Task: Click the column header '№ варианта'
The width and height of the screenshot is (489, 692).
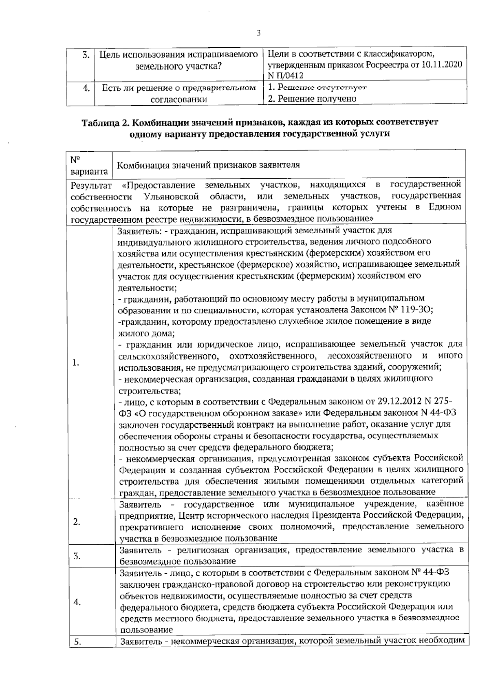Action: click(x=89, y=165)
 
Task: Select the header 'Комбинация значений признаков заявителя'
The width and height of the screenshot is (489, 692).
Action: click(x=208, y=165)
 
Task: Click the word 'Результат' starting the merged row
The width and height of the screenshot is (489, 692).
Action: click(x=91, y=186)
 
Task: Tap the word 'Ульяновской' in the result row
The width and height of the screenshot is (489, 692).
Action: click(x=171, y=197)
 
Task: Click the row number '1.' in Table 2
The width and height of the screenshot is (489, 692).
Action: click(x=75, y=363)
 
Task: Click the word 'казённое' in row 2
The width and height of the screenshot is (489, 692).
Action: click(x=446, y=504)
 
